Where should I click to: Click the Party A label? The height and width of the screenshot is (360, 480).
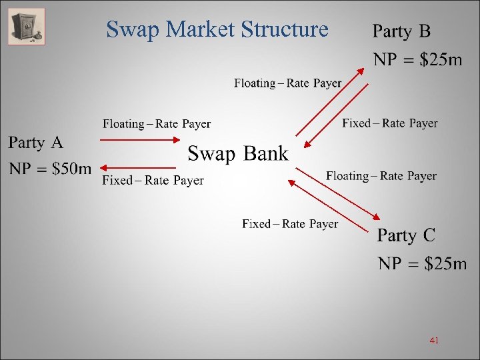(x=36, y=143)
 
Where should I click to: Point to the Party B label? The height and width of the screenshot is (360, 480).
(x=401, y=31)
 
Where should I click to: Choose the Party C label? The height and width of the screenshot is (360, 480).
(x=406, y=235)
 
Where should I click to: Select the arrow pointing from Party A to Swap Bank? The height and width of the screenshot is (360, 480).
(x=140, y=140)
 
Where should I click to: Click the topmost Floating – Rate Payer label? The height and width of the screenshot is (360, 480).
(x=287, y=83)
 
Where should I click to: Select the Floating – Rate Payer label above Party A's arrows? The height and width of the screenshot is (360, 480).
(x=157, y=124)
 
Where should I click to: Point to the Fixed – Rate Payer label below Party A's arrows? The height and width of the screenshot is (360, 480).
(x=153, y=180)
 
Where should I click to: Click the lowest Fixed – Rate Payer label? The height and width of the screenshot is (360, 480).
(x=290, y=224)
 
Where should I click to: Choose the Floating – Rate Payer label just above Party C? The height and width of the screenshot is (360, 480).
(x=381, y=176)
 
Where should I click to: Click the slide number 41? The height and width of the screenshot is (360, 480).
(x=434, y=341)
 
